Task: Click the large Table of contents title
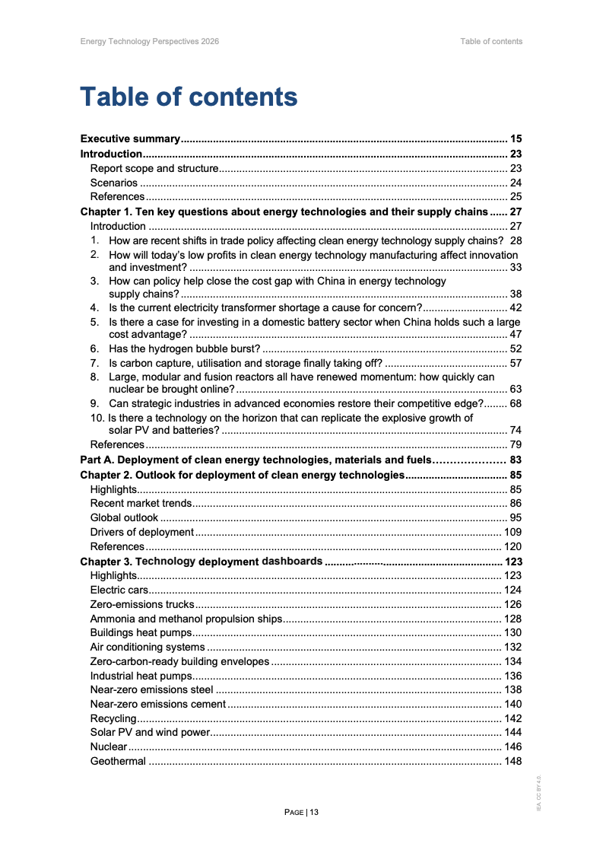tap(189, 97)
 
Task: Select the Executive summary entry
tap(130, 139)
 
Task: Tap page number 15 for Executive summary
tap(516, 139)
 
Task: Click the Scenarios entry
tap(114, 183)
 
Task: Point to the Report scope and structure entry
tap(154, 168)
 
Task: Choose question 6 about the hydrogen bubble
tap(185, 349)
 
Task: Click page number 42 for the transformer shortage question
tap(515, 307)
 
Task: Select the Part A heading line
tap(256, 460)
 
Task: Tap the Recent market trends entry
tap(141, 503)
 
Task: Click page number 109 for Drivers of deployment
tap(513, 532)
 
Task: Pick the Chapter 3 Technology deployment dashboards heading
tap(201, 562)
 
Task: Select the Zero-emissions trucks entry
tap(142, 604)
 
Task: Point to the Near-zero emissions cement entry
tap(158, 704)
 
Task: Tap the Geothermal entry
tap(118, 761)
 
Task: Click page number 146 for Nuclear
tap(513, 746)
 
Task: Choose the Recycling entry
tap(113, 718)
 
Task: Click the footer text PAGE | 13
tap(301, 812)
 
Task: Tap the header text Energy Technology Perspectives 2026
tap(149, 41)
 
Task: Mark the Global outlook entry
tap(124, 517)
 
